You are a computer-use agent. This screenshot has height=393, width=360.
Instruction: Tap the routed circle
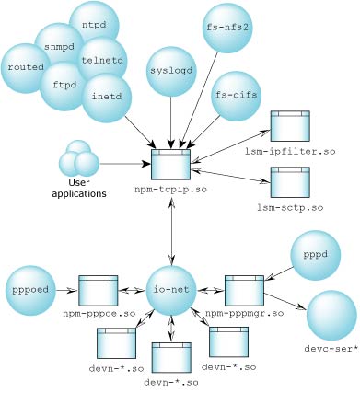coord(27,68)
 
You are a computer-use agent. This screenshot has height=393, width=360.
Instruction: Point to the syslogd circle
coord(171,69)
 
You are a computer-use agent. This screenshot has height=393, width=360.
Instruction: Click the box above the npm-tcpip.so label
coord(171,165)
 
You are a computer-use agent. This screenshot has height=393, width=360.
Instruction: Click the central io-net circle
coord(172,290)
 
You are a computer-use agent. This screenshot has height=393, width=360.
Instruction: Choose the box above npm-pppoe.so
coord(99,290)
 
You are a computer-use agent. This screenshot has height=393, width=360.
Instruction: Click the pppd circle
coord(317,258)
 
